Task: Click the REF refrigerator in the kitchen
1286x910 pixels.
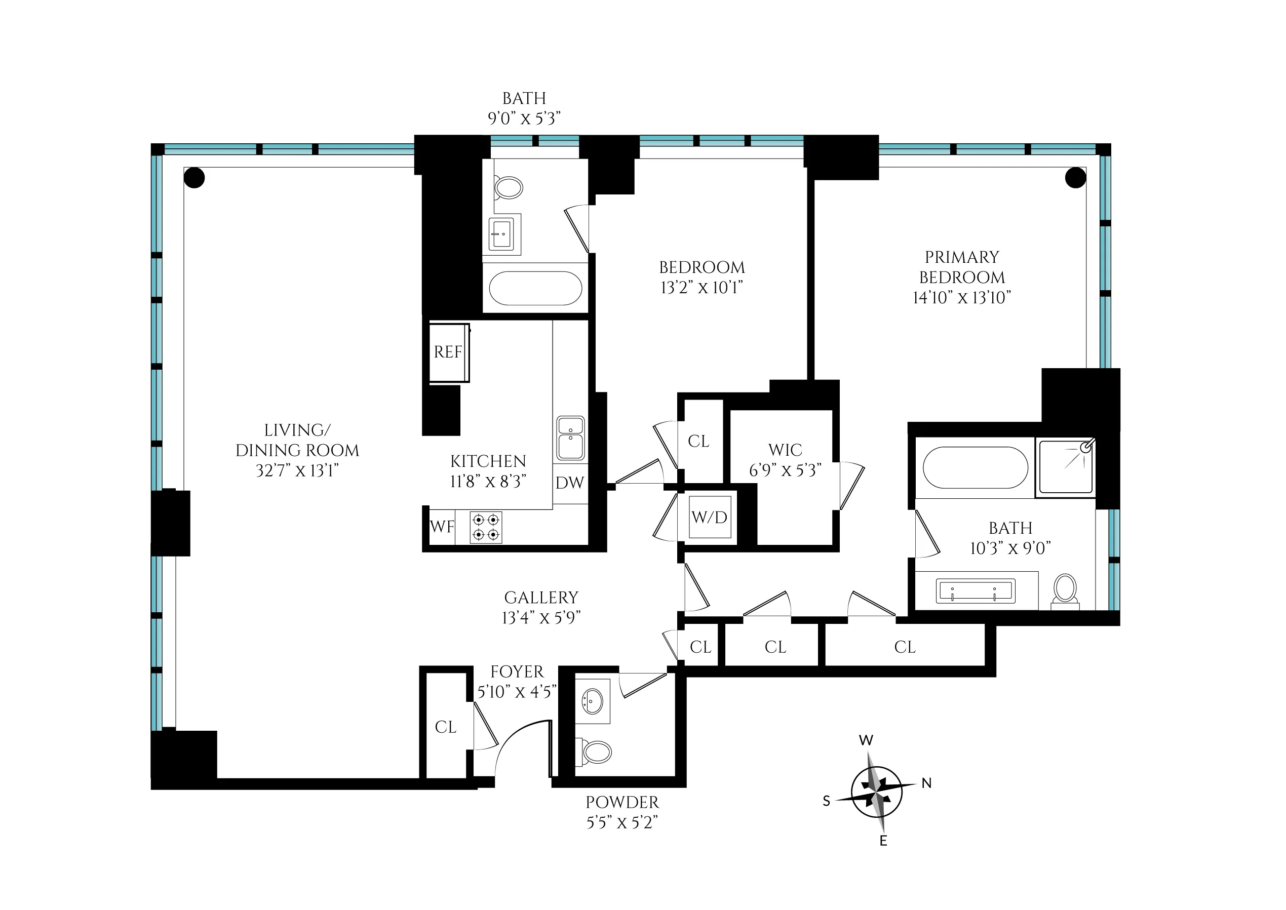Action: coord(448,352)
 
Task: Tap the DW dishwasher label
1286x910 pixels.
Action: coord(569,483)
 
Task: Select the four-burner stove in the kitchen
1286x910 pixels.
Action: coord(486,527)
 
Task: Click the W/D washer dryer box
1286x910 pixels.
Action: coord(710,517)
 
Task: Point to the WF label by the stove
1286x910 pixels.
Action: coord(442,527)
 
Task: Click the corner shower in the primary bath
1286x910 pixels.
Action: coord(1065,467)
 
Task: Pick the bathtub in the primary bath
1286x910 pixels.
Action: coord(975,467)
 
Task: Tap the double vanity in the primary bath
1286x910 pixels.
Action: coord(975,591)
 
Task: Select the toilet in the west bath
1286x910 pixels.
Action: coord(508,188)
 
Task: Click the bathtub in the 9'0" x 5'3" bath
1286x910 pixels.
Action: coord(535,289)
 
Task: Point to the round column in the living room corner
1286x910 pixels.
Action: coord(194,178)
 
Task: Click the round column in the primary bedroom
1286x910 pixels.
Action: coord(1075,178)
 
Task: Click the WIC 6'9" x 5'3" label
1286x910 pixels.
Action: coord(785,460)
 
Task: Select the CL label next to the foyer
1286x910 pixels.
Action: coord(446,727)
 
